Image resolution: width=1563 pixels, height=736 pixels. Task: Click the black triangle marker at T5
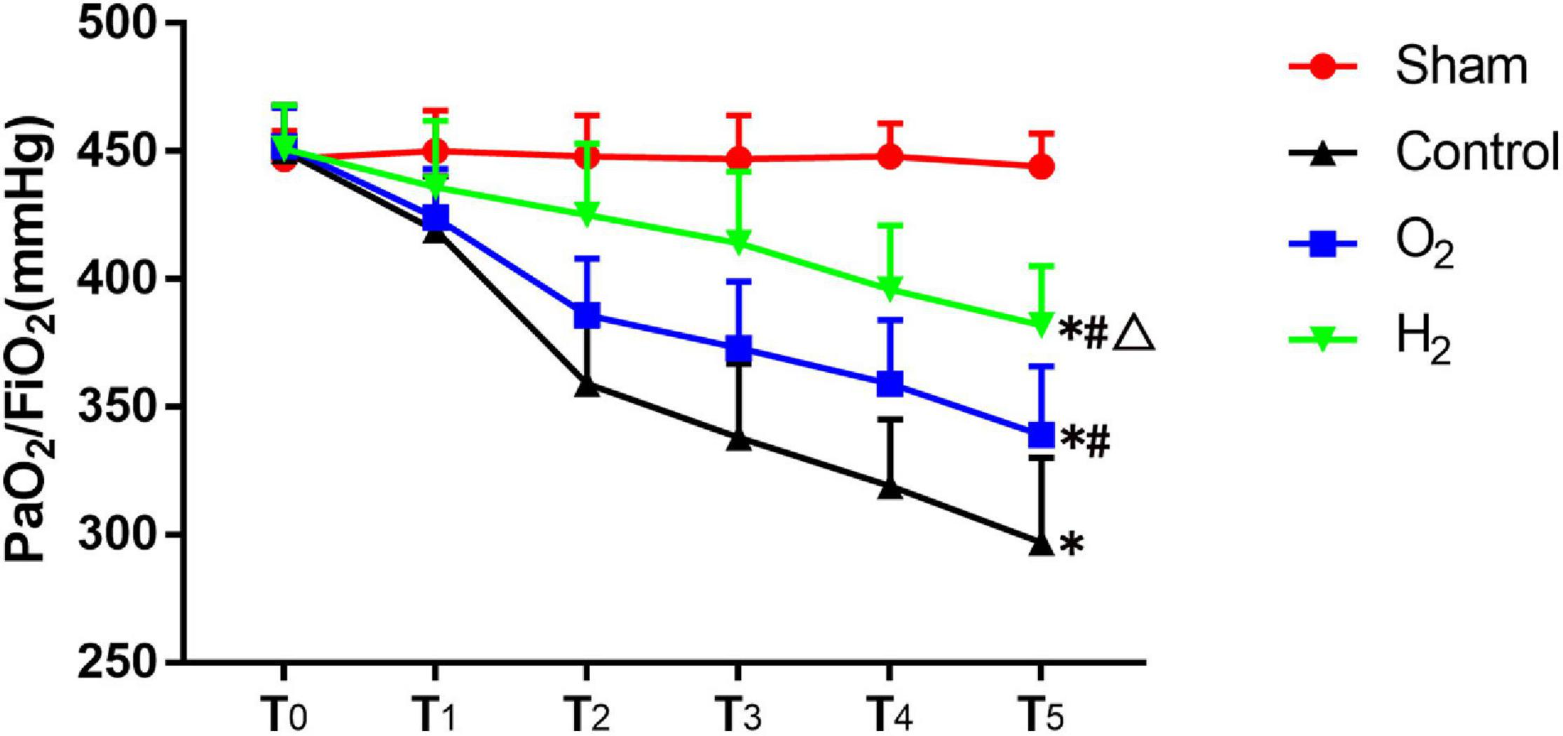pos(1042,545)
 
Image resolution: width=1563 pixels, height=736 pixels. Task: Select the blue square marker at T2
pos(587,315)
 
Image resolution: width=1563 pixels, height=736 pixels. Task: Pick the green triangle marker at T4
pos(890,289)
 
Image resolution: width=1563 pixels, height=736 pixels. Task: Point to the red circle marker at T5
pos(1042,168)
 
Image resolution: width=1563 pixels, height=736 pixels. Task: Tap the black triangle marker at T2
pos(587,386)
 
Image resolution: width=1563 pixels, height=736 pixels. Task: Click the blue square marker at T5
pos(1042,435)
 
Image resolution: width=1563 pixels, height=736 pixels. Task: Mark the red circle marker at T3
pos(739,159)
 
